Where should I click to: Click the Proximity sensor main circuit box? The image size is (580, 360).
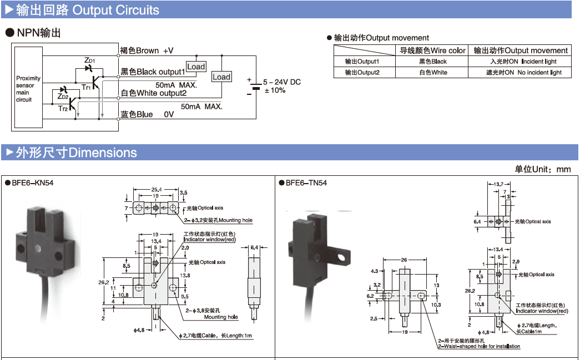click(28, 89)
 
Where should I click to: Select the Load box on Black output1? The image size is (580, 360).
click(196, 67)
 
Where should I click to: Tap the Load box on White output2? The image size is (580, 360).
click(221, 77)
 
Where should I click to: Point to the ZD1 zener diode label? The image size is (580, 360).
click(89, 60)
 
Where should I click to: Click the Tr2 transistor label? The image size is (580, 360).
click(63, 109)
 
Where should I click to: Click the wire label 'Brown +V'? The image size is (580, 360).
click(147, 50)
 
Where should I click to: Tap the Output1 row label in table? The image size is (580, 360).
click(362, 62)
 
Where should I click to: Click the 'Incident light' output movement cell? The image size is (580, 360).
click(523, 62)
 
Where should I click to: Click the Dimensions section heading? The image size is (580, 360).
click(75, 153)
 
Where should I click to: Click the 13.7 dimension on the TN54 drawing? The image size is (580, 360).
click(498, 184)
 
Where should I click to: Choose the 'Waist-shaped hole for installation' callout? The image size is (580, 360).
click(480, 347)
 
